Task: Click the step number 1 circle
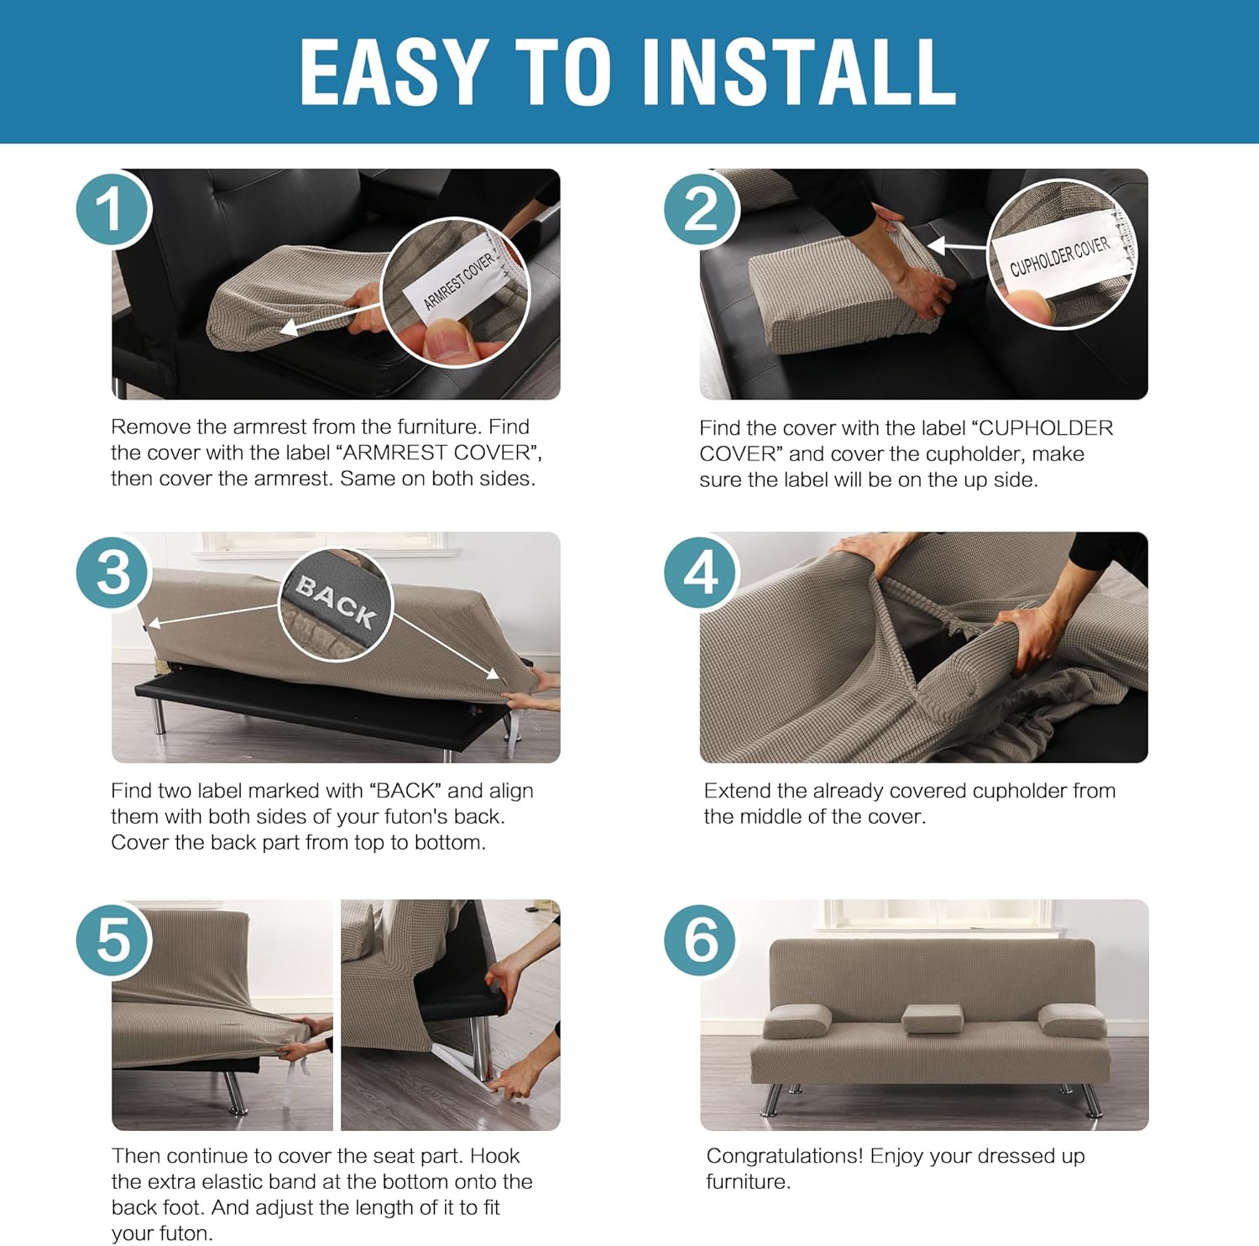point(113,208)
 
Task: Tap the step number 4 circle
point(701,573)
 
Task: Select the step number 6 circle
point(701,939)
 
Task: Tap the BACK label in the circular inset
point(336,601)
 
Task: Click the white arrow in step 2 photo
point(956,247)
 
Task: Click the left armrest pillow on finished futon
point(797,1021)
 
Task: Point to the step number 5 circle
point(113,939)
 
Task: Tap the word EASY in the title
point(394,72)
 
